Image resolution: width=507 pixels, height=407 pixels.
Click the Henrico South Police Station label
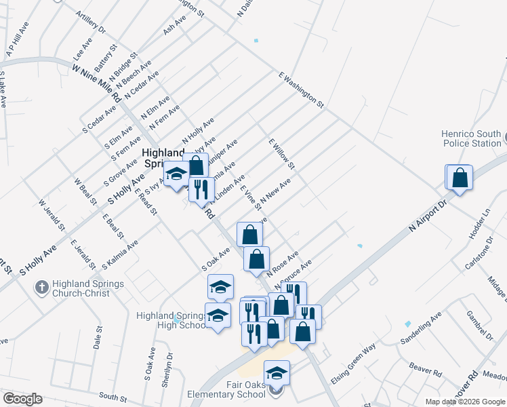coord(471,139)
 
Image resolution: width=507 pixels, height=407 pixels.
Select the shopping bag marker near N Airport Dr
coord(460,178)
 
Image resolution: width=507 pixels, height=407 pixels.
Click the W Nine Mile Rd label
coord(98,81)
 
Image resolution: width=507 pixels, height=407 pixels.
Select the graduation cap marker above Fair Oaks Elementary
coord(276,373)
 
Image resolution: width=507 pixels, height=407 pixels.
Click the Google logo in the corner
coord(22,399)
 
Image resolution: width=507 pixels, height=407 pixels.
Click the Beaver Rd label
coord(426,370)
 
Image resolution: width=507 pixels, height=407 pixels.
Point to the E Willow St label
coord(282,155)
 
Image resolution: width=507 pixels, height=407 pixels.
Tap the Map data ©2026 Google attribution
coord(465,402)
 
